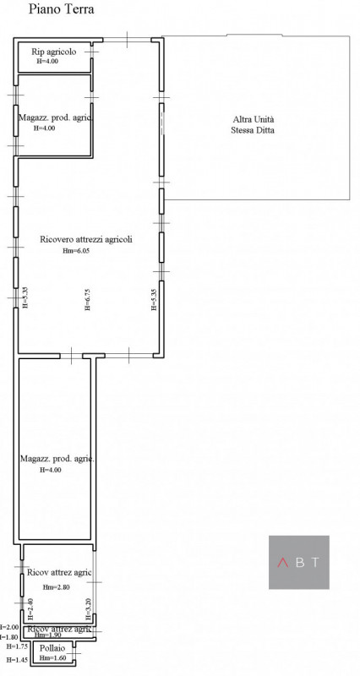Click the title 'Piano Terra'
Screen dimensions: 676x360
coord(61,10)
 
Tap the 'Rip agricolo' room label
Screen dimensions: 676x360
coord(54,52)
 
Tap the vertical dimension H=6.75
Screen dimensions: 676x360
coord(87,299)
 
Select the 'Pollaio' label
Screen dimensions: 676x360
coord(52,647)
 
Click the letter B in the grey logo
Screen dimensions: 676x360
coord(299,562)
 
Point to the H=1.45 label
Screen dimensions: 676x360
coord(16,659)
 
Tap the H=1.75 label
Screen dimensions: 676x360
coord(16,646)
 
